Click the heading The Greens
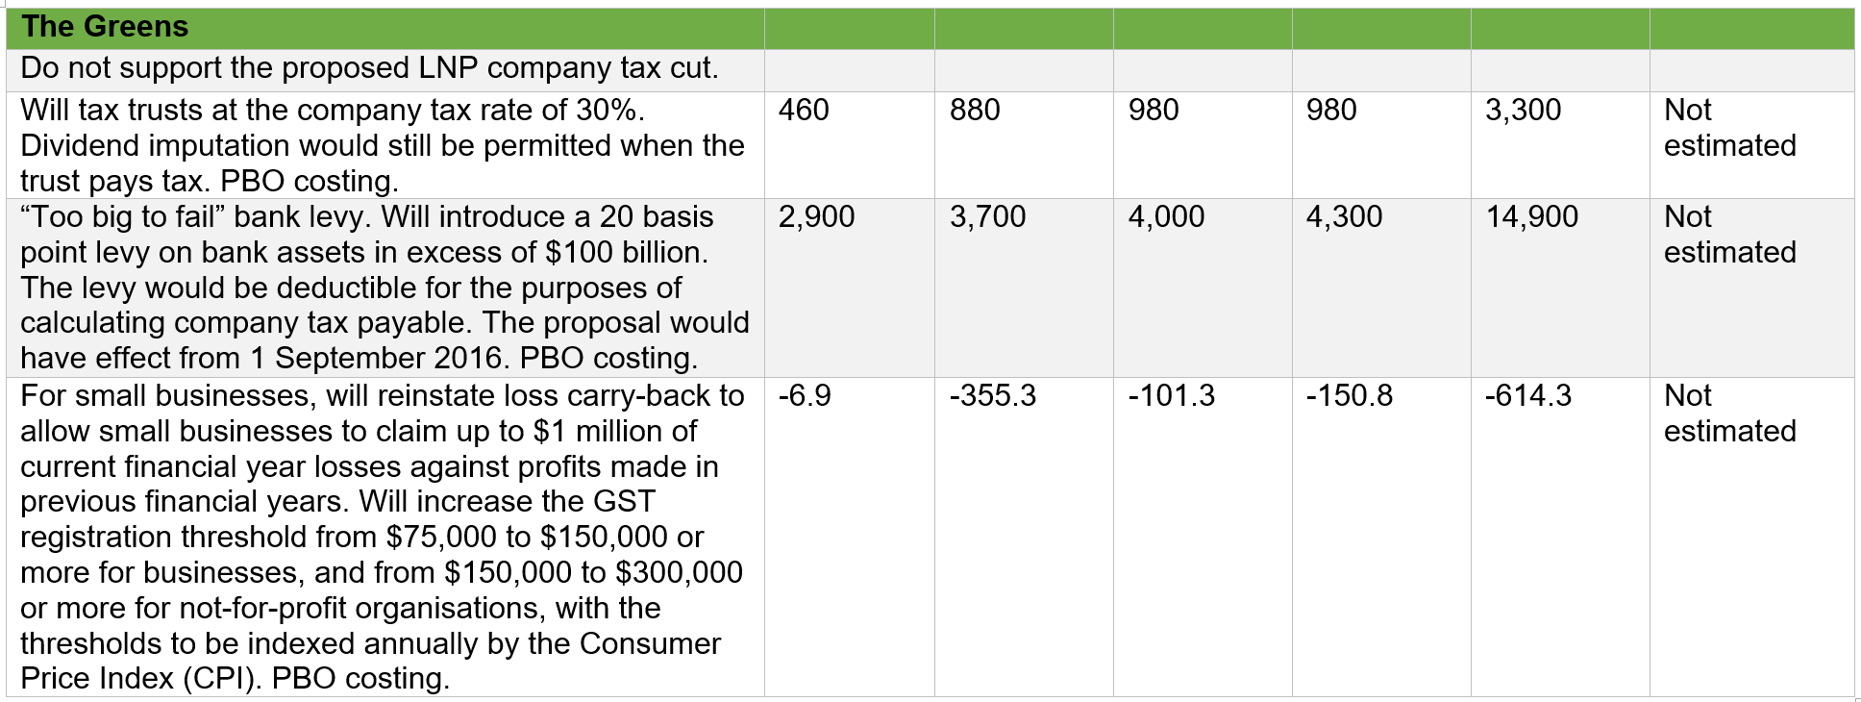[x=105, y=27]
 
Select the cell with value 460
[x=804, y=111]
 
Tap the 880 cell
[x=975, y=111]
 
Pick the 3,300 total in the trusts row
[x=1523, y=111]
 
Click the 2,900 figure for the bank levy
[x=816, y=217]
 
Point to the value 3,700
[x=987, y=217]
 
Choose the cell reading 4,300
[x=1344, y=217]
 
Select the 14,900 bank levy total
[x=1531, y=217]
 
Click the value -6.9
[x=805, y=396]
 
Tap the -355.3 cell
[x=993, y=396]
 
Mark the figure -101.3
[x=1171, y=396]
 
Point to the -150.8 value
[x=1349, y=396]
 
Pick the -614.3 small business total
[x=1527, y=396]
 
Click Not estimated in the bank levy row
[x=1729, y=235]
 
